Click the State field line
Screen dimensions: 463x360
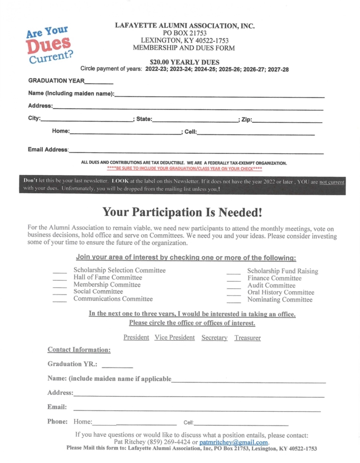point(195,120)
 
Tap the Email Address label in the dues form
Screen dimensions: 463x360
point(48,149)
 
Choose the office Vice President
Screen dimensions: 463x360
point(174,337)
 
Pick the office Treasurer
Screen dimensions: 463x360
point(247,337)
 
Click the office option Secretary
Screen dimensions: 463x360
point(215,337)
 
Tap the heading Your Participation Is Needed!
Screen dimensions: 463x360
point(182,213)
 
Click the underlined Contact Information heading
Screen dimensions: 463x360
point(79,350)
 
